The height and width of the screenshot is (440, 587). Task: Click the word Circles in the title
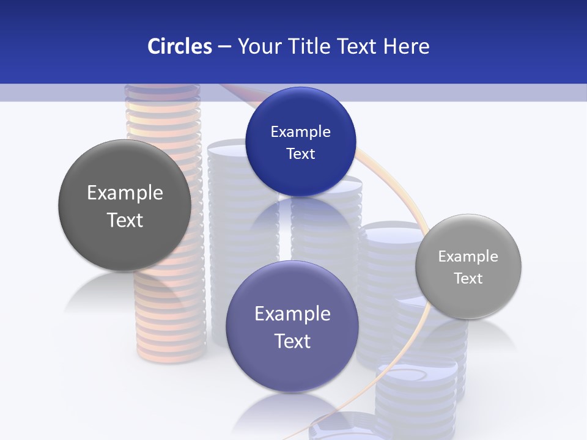pyautogui.click(x=179, y=46)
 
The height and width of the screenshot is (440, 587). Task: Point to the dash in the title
pyautogui.click(x=224, y=47)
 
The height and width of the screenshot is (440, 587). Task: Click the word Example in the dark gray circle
pyautogui.click(x=125, y=193)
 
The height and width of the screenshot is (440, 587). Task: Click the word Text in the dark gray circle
pyautogui.click(x=125, y=220)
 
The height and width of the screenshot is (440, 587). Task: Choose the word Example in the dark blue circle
pyautogui.click(x=300, y=132)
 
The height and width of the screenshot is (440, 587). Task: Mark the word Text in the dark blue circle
pyautogui.click(x=300, y=154)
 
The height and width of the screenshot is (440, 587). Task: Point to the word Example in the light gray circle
pyautogui.click(x=468, y=257)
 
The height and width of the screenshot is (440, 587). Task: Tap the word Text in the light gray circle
pyautogui.click(x=468, y=279)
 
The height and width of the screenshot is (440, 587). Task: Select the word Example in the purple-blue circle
pyautogui.click(x=292, y=314)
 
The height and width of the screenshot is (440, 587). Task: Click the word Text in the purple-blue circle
pyautogui.click(x=292, y=341)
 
